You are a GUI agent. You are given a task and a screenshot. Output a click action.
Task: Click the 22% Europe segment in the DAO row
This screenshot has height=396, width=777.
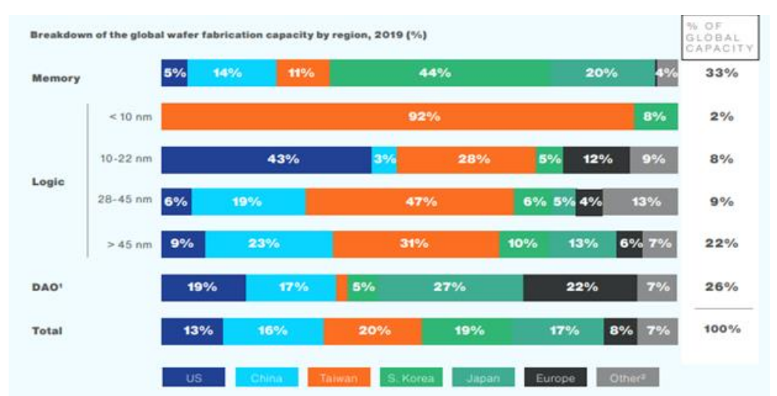pos(580,287)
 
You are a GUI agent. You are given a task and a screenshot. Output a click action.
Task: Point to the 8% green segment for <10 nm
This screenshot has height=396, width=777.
pos(656,117)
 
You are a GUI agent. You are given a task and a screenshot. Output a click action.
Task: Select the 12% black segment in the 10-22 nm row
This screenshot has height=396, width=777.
pos(596,159)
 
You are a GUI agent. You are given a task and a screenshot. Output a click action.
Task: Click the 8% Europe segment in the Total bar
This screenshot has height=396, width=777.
pos(620,330)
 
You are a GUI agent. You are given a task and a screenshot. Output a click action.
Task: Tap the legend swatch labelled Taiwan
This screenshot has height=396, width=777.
pos(338,378)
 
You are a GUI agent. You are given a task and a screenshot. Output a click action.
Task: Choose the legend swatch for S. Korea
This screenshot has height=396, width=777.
pos(410,378)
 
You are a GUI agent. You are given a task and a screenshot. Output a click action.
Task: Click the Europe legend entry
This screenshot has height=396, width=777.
pos(555,378)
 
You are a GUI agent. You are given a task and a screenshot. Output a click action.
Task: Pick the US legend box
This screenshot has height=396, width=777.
pos(193,378)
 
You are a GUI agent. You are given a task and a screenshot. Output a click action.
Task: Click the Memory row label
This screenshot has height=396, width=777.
pos(56,78)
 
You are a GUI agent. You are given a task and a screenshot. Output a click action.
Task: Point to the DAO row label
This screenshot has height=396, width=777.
pos(47,287)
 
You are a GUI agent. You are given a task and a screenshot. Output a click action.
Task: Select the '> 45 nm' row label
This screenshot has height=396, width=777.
pos(130,244)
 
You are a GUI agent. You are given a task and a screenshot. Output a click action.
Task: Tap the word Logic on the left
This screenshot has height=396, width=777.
pos(48,182)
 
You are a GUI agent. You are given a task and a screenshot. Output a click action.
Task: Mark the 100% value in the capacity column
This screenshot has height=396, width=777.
pos(721,329)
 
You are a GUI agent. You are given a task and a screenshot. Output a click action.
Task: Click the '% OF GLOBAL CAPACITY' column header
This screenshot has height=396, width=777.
pos(719,37)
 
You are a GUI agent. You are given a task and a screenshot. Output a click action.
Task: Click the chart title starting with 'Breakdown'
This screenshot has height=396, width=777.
pos(228,35)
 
